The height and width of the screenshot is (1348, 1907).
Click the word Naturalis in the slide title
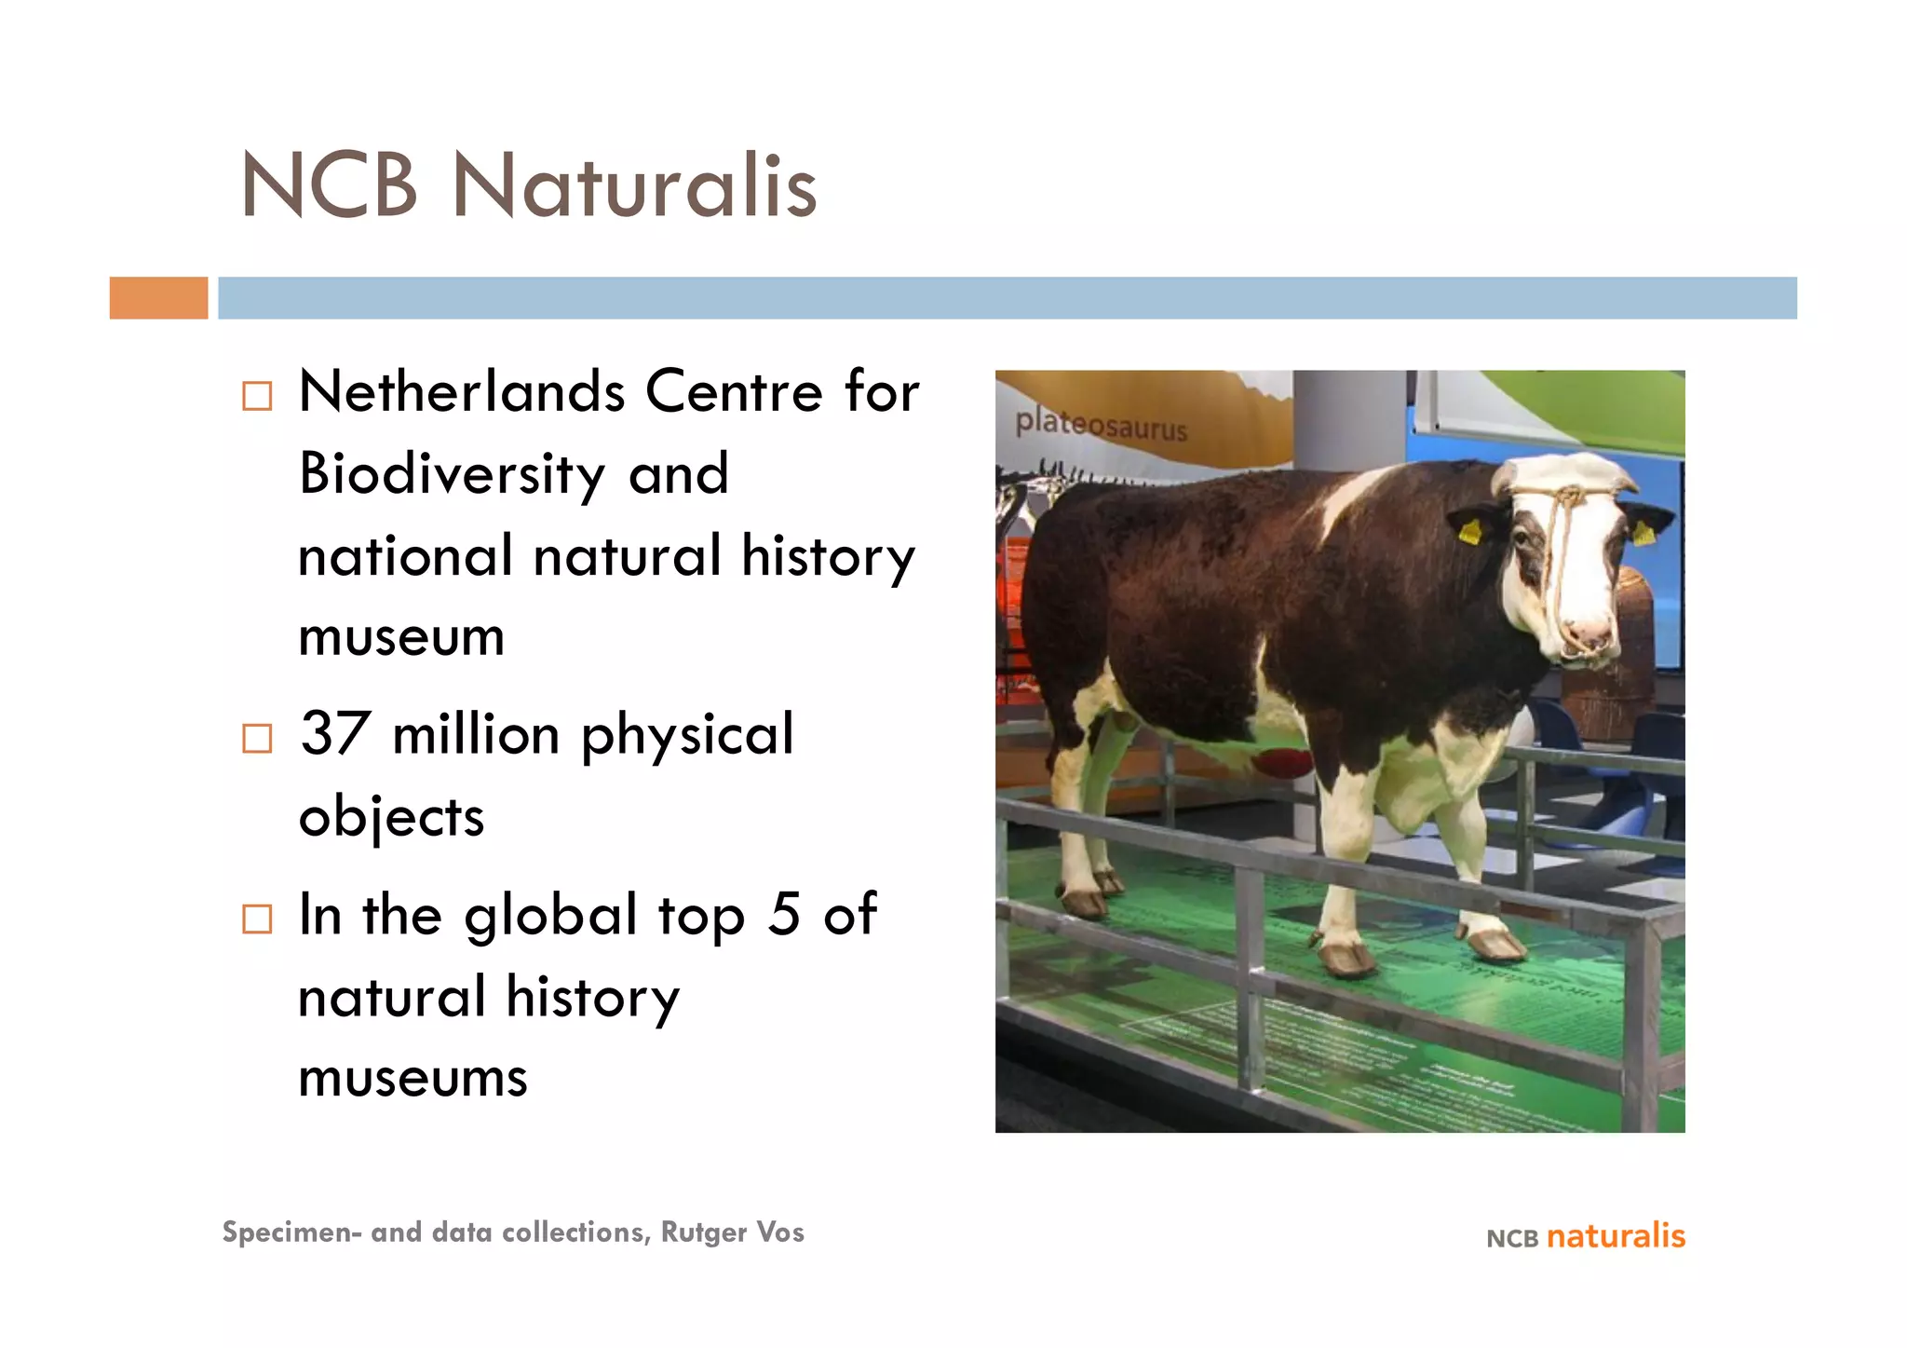tap(634, 186)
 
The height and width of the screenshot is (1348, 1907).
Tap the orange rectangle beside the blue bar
tap(158, 298)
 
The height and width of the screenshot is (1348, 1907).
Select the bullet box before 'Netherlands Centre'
tap(257, 396)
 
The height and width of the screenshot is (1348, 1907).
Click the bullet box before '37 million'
tap(257, 739)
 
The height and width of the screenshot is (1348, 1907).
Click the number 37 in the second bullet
tap(335, 734)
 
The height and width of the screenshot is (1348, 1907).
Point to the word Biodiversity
tap(453, 475)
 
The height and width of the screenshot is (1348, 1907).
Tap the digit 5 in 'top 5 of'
tap(784, 915)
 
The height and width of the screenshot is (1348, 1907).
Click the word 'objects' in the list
tap(391, 817)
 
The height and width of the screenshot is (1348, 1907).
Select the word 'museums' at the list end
tap(413, 1078)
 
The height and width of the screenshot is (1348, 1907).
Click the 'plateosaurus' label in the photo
tap(1101, 425)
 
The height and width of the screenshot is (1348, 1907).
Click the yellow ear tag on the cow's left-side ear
tap(1469, 532)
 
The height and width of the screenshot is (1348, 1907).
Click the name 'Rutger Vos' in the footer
tap(732, 1232)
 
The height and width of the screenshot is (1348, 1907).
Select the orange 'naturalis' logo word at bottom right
tap(1616, 1236)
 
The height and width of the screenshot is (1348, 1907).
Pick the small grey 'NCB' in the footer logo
tap(1512, 1239)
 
